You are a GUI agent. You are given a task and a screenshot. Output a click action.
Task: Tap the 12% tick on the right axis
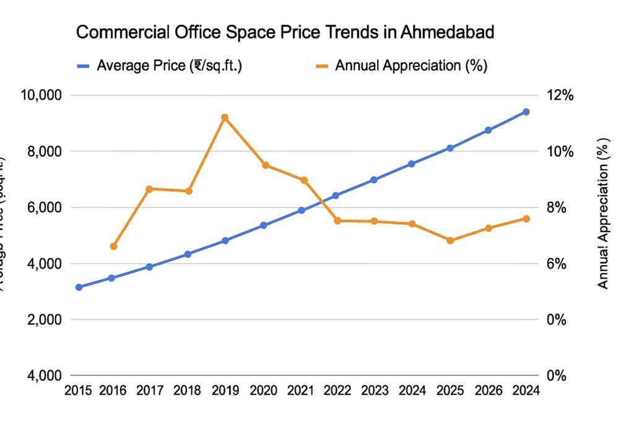click(x=560, y=95)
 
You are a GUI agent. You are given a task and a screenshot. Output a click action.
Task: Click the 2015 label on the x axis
click(x=79, y=391)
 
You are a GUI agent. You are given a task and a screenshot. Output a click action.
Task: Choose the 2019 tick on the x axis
click(x=225, y=391)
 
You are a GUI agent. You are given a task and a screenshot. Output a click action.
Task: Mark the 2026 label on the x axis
click(x=488, y=391)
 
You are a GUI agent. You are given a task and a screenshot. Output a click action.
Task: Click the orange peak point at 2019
click(x=225, y=117)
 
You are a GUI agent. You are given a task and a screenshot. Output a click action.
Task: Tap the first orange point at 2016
click(x=113, y=246)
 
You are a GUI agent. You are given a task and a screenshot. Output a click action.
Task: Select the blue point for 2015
click(x=79, y=287)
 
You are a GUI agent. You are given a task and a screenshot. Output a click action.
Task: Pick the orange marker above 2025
click(x=450, y=240)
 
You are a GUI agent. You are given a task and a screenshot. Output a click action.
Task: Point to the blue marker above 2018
click(x=188, y=254)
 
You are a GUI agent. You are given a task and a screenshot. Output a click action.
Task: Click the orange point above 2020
click(x=265, y=165)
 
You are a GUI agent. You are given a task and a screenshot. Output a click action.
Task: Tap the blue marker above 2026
click(x=488, y=130)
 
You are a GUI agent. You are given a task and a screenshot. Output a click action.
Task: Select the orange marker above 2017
click(x=149, y=188)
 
